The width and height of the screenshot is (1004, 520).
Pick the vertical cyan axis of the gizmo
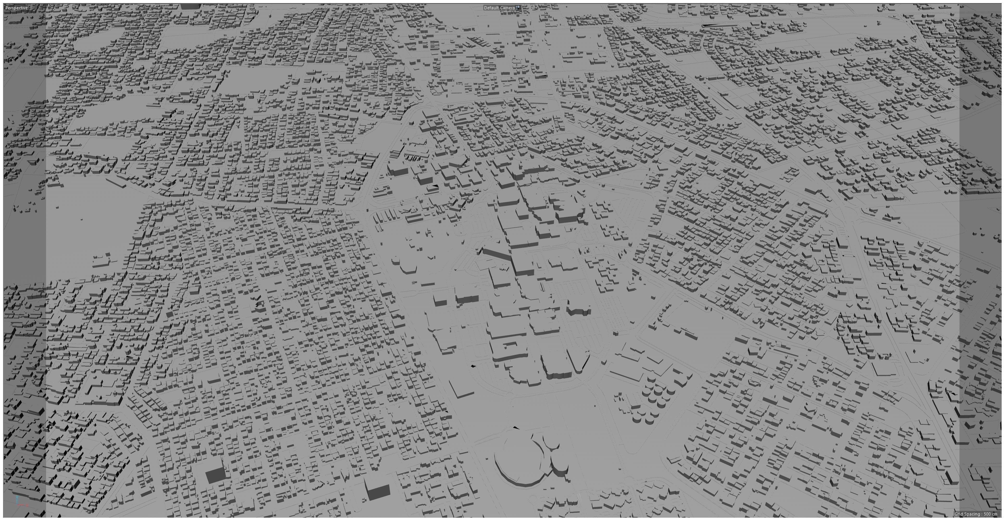click(17, 500)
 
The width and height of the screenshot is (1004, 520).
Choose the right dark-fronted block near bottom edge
click(377, 492)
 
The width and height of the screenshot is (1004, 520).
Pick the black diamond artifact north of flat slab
click(473, 366)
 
